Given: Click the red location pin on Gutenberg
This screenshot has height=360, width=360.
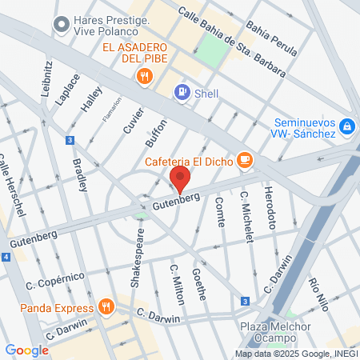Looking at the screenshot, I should tap(180, 178).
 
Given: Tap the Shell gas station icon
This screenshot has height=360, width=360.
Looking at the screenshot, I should tap(183, 93).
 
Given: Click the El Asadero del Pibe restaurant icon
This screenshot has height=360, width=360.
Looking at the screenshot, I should tap(144, 77).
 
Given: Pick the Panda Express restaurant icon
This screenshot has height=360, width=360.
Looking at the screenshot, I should tap(106, 306).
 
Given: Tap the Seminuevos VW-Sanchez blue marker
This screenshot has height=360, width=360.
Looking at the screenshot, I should tap(346, 126).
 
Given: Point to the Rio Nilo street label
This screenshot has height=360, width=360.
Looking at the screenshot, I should tap(318, 294).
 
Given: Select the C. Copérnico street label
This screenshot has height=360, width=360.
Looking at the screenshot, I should tap(54, 280).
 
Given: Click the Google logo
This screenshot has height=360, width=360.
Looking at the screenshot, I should tap(26, 350).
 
